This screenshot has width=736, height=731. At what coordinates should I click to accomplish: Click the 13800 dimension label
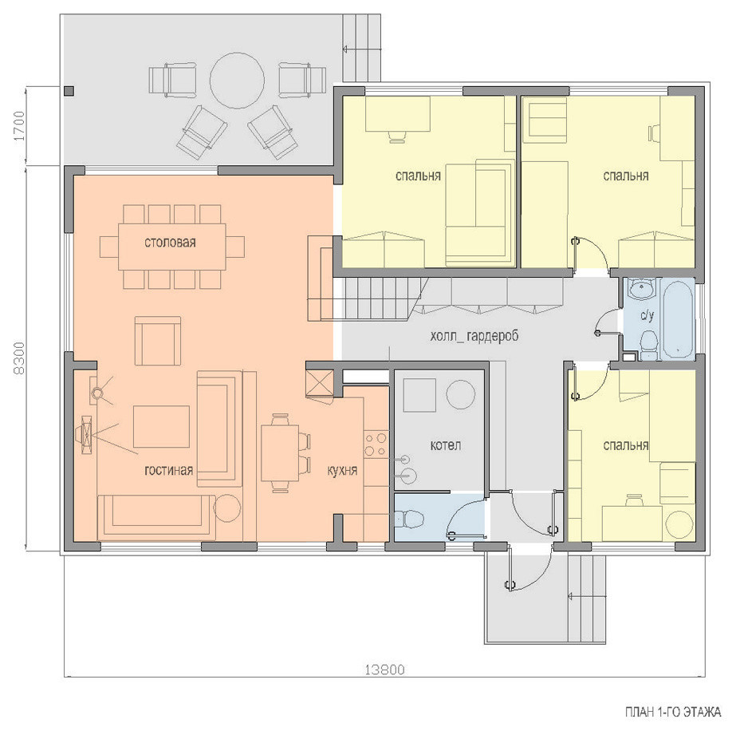pyautogui.click(x=384, y=669)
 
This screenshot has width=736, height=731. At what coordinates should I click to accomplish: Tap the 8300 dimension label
pyautogui.click(x=19, y=358)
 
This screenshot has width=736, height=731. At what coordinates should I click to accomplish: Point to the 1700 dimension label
pyautogui.click(x=19, y=126)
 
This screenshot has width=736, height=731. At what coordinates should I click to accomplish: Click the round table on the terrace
pyautogui.click(x=237, y=80)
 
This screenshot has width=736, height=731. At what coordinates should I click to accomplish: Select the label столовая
pyautogui.click(x=170, y=243)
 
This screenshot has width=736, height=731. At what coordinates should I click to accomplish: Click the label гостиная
pyautogui.click(x=169, y=470)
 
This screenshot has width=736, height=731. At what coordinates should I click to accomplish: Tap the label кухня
pyautogui.click(x=342, y=470)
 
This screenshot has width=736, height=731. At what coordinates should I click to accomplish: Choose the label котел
pyautogui.click(x=446, y=445)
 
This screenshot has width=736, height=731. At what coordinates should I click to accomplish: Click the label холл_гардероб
pyautogui.click(x=474, y=336)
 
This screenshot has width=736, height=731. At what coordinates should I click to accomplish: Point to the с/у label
pyautogui.click(x=647, y=316)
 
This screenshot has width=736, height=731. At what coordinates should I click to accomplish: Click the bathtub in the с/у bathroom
pyautogui.click(x=677, y=319)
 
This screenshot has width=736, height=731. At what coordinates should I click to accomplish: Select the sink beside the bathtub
pyautogui.click(x=640, y=287)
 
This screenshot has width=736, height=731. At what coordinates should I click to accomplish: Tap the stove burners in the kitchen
pyautogui.click(x=376, y=445)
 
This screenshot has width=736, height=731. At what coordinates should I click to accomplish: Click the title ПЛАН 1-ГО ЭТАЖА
pyautogui.click(x=673, y=712)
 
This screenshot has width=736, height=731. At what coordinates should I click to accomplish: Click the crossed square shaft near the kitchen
pyautogui.click(x=320, y=383)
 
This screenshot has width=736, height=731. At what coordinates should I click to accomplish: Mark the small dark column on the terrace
pyautogui.click(x=69, y=91)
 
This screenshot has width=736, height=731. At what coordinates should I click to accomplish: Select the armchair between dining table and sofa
pyautogui.click(x=158, y=340)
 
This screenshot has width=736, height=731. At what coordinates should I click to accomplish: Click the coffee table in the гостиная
pyautogui.click(x=161, y=426)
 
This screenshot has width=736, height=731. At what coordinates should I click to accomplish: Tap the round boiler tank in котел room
pyautogui.click(x=460, y=394)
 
